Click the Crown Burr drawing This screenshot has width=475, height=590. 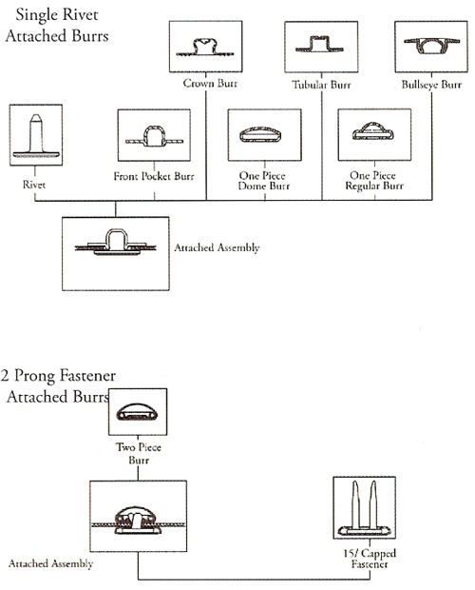205,48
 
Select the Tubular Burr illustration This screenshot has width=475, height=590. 319,45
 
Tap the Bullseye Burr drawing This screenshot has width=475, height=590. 431,45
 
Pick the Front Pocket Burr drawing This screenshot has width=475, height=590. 154,136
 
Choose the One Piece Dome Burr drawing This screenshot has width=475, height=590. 260,135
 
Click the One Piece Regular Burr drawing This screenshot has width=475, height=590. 372,131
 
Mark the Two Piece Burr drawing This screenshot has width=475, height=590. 137,412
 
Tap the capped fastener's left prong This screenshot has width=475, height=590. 354,504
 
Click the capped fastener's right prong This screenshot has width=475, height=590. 373,504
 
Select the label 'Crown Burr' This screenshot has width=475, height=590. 210,83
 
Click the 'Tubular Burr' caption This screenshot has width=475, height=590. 321,85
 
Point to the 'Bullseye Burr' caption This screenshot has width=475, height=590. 431,85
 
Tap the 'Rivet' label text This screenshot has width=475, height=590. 34,185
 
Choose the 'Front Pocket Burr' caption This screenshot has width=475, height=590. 154,176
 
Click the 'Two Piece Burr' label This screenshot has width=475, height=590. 139,453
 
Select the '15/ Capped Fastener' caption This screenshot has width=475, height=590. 370,559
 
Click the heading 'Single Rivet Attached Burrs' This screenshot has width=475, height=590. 57,25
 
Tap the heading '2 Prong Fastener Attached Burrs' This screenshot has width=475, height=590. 58,386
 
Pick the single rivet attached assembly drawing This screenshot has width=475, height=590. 116,243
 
